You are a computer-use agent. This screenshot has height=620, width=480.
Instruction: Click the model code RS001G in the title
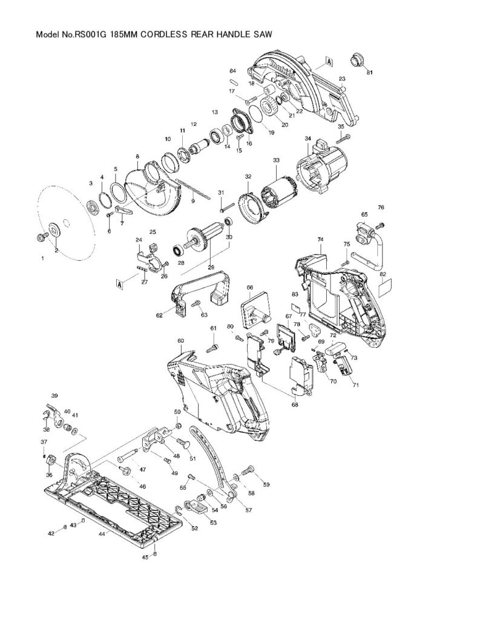[91, 35]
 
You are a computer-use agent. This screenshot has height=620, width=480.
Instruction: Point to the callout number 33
[276, 160]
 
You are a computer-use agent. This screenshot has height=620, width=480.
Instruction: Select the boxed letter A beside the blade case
[328, 61]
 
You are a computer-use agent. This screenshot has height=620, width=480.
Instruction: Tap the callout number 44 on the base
[102, 534]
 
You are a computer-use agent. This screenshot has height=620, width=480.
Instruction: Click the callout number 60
[180, 341]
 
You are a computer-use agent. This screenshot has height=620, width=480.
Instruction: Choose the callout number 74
[320, 239]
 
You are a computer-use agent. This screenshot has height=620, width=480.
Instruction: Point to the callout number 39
[54, 396]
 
